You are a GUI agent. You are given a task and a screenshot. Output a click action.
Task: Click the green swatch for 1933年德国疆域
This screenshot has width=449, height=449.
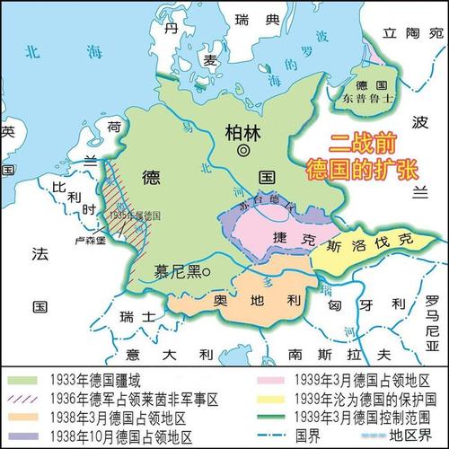[x=28, y=381]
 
